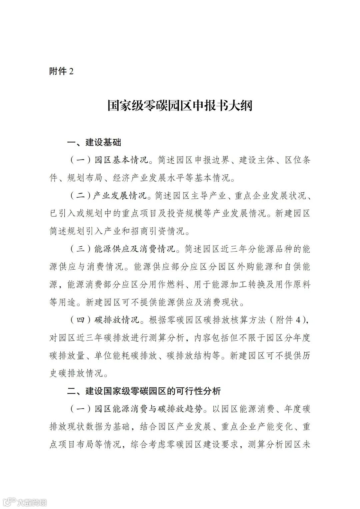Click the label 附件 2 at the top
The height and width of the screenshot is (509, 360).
click(x=61, y=71)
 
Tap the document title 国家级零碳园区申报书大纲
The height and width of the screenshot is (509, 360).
click(x=180, y=106)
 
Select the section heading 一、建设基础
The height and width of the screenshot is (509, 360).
click(x=94, y=143)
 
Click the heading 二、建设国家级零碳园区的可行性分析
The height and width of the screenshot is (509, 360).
click(x=144, y=391)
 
